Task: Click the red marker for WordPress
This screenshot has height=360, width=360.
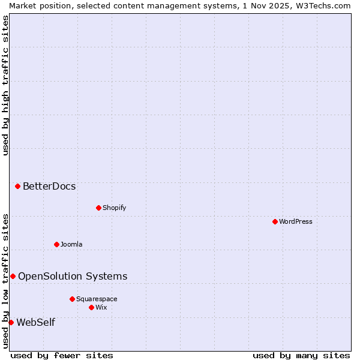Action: click(275, 221)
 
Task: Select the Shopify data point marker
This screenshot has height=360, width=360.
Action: click(98, 208)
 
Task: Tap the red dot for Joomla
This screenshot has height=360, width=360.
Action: click(56, 244)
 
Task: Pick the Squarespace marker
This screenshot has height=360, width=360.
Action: click(72, 299)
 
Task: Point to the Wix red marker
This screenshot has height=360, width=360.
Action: click(91, 307)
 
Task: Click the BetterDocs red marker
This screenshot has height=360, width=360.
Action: click(17, 186)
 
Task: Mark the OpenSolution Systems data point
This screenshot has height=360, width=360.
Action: click(13, 276)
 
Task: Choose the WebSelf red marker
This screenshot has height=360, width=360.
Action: click(11, 322)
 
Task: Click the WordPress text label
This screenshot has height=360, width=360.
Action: click(296, 221)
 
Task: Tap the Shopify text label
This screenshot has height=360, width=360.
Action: click(114, 208)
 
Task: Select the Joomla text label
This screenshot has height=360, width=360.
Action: click(71, 244)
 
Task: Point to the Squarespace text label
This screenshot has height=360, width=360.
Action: click(97, 299)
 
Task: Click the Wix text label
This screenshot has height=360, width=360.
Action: click(101, 307)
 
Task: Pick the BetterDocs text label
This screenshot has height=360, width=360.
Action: click(49, 186)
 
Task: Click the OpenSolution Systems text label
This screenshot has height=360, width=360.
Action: click(73, 276)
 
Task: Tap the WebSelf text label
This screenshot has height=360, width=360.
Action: click(35, 322)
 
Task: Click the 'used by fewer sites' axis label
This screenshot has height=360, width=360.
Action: click(62, 355)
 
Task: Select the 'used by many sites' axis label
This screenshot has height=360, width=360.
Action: click(301, 355)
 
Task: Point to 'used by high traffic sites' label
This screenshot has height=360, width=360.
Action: click(5, 86)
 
